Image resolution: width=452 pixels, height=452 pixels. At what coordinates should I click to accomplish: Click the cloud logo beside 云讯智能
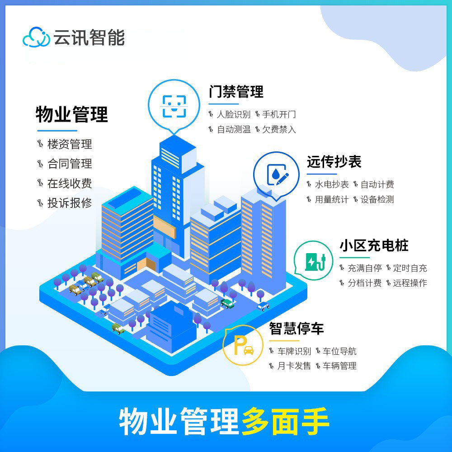pos(36,37)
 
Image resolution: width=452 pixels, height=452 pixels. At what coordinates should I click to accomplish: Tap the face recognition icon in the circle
pos(174,106)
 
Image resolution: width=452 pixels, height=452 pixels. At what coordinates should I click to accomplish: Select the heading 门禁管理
pos(236,92)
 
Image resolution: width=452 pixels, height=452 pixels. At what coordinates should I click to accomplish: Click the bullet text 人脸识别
pos(234,114)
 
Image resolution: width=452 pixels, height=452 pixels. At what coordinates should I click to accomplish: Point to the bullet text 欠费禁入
pos(279,129)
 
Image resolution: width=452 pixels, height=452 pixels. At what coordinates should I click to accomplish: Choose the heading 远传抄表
pos(334,162)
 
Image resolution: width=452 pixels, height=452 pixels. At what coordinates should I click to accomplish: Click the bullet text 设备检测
pos(377,199)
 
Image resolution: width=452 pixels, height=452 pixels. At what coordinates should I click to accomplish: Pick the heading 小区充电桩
pos(374,245)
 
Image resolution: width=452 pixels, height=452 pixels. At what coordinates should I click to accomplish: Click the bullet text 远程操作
pos(410,283)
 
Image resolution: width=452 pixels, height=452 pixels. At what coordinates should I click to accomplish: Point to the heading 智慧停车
pos(297,329)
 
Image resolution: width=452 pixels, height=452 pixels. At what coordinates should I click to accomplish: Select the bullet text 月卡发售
pos(294,366)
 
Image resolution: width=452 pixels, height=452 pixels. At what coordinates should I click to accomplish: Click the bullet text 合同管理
pos(70,164)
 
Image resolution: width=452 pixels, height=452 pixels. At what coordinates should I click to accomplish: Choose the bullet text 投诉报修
pos(70,203)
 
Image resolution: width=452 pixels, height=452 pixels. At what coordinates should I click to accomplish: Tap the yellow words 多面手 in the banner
pos(285,421)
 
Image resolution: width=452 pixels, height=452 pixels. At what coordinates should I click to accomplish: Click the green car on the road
pos(227,304)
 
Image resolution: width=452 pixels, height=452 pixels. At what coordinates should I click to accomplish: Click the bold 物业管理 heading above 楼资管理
pos(72,114)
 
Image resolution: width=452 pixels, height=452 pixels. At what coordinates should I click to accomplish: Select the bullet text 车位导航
pos(339,351)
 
